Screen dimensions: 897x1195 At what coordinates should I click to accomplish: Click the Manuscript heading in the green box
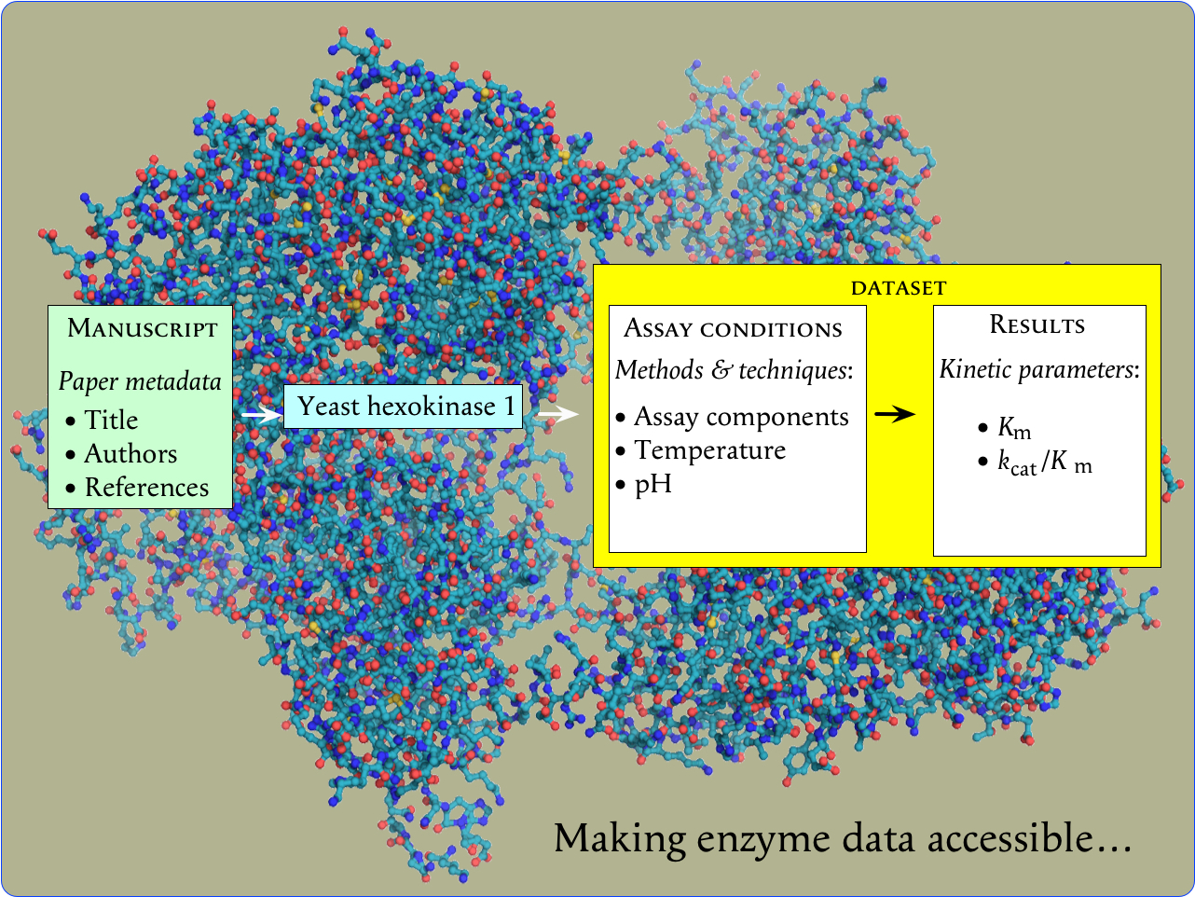[142, 329]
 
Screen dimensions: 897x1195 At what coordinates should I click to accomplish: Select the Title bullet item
[111, 421]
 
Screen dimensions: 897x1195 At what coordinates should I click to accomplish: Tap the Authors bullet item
[130, 454]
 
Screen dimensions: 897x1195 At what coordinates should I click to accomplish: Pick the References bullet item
[146, 488]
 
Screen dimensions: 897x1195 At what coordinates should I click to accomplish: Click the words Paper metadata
[140, 381]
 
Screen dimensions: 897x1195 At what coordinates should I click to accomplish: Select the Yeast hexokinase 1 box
[404, 407]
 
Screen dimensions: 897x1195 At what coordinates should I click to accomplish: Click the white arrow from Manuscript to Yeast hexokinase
[260, 414]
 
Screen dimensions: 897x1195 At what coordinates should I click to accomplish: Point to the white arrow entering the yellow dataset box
[558, 414]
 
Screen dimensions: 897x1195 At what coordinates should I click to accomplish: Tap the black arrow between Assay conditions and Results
[896, 414]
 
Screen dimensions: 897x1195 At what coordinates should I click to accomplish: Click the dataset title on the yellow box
[898, 288]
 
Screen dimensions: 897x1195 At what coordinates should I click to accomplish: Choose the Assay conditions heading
[733, 329]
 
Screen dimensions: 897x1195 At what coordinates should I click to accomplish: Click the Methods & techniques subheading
[734, 370]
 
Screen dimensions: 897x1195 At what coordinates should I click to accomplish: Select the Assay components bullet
[741, 417]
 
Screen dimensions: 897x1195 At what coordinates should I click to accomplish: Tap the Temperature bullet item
[709, 450]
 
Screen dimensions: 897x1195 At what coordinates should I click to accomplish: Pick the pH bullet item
[652, 485]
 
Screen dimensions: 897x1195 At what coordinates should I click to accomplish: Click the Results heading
[1037, 325]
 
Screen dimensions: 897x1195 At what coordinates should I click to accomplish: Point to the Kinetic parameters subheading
[1038, 369]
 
